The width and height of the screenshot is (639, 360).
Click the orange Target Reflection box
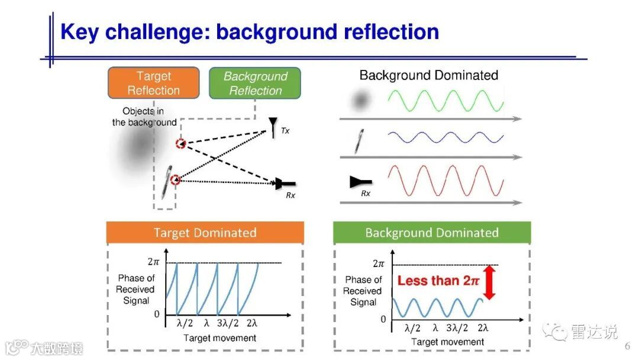click(x=153, y=83)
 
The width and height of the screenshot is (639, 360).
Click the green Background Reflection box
click(x=255, y=83)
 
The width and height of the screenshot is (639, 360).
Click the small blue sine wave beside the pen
click(x=446, y=139)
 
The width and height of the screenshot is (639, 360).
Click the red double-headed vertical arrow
click(x=489, y=282)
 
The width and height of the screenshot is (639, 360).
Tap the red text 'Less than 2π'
click(x=438, y=281)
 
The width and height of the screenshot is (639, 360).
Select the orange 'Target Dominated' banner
click(x=205, y=233)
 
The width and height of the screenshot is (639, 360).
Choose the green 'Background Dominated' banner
click(x=432, y=233)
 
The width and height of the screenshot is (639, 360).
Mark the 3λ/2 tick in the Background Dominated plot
click(x=459, y=328)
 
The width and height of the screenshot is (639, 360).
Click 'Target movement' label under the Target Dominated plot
click(x=220, y=338)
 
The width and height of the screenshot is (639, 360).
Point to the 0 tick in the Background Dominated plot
click(x=383, y=319)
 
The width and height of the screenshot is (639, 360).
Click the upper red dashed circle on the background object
click(x=180, y=144)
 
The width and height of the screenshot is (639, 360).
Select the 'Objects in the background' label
click(x=144, y=117)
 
